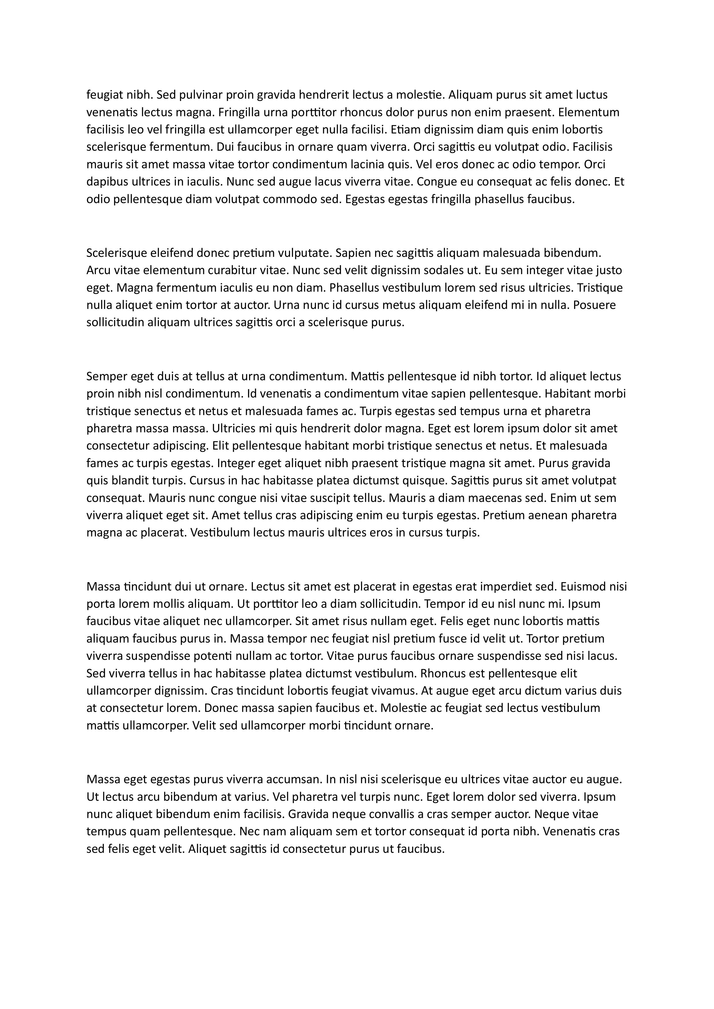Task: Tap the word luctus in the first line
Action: point(592,95)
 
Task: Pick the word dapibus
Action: point(107,182)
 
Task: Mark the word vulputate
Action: point(304,253)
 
